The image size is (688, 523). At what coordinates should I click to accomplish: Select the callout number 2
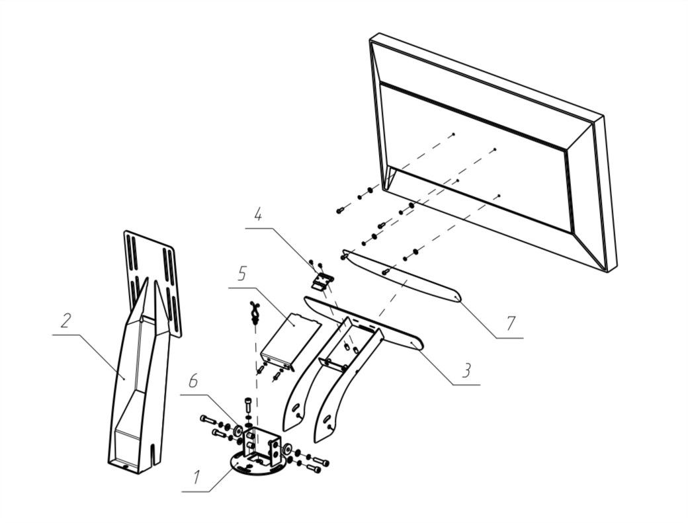(65, 322)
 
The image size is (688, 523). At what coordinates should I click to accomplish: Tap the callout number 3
(466, 370)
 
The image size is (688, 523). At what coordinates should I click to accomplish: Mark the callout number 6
(193, 381)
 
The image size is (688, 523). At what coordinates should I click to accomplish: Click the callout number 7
(510, 324)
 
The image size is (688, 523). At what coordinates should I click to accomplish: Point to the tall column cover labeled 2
(136, 383)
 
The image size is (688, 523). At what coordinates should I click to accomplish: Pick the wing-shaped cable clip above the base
(254, 310)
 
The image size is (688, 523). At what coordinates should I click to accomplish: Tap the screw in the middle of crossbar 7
(386, 271)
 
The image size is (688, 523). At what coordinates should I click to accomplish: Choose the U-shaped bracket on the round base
(263, 444)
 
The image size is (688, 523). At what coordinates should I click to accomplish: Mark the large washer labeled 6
(236, 432)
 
